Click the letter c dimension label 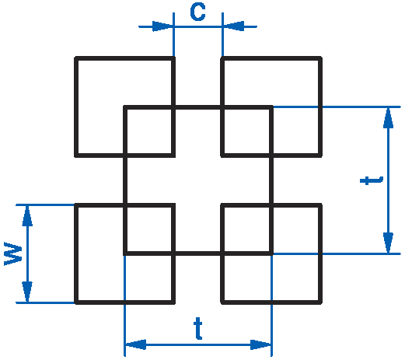[x=197, y=12]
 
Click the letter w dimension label [x=13, y=253]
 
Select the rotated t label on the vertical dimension [x=372, y=180]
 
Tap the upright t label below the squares [x=198, y=328]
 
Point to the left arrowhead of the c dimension [x=162, y=26]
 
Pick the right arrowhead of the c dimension [x=233, y=26]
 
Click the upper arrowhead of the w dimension [x=27, y=216]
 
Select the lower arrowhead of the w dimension [x=27, y=292]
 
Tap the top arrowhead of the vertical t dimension [x=388, y=118]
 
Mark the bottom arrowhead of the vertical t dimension [x=388, y=243]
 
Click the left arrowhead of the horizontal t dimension [x=136, y=344]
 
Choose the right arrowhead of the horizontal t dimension [x=260, y=344]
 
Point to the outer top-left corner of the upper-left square [x=75, y=57]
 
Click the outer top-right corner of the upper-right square [x=321, y=57]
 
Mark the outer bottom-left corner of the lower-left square [x=75, y=303]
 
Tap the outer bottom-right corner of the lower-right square [x=321, y=303]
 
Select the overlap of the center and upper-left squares [x=149, y=131]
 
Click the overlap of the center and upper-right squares [x=247, y=131]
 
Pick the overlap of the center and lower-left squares [x=149, y=229]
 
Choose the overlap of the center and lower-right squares [x=247, y=229]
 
